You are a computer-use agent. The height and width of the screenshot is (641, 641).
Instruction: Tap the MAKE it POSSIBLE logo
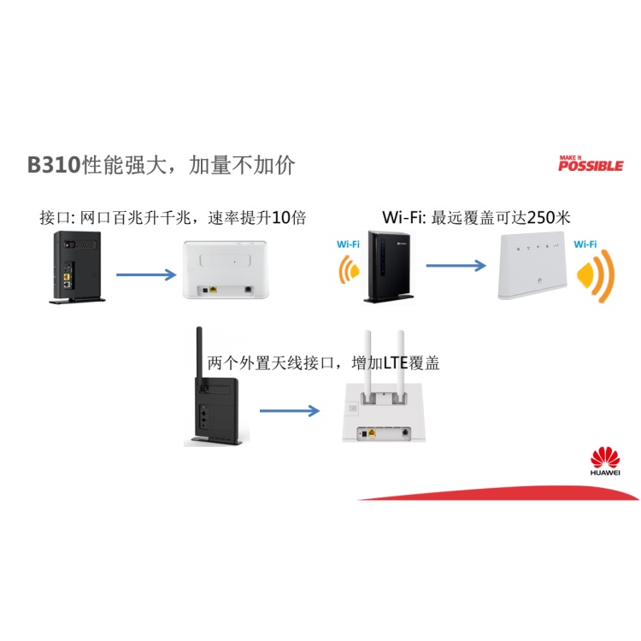pyautogui.click(x=590, y=163)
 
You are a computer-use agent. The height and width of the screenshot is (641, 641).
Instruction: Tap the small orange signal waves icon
pyautogui.click(x=350, y=271)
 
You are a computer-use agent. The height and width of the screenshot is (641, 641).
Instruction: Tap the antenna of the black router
pyautogui.click(x=197, y=350)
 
